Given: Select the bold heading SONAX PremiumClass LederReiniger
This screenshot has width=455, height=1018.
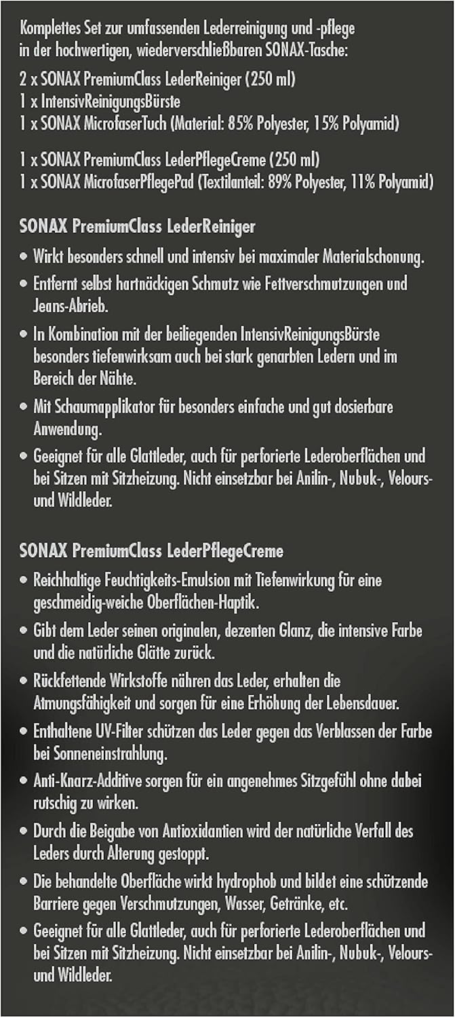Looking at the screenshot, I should click(138, 226).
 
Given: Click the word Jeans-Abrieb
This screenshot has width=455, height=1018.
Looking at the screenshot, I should click(71, 305).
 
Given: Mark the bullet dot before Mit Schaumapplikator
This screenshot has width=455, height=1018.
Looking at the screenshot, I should click(24, 407).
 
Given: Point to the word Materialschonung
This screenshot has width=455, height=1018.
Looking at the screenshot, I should click(374, 258).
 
